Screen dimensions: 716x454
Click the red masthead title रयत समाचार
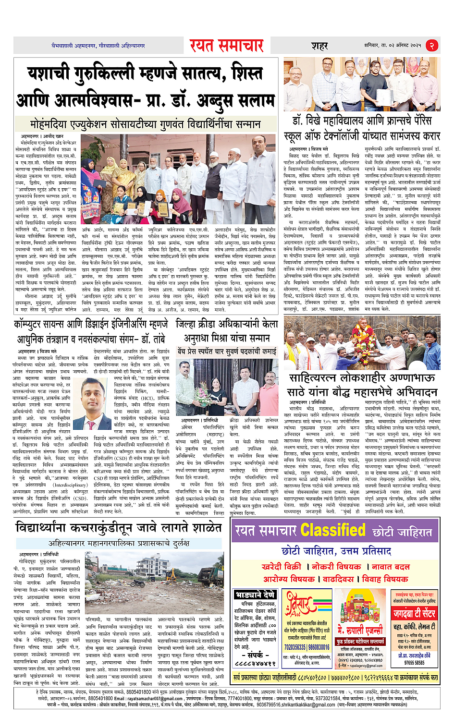click(226, 45)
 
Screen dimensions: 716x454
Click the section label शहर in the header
click(319, 46)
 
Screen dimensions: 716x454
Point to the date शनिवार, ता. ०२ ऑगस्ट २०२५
click(393, 45)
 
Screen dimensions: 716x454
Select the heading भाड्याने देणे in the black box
click(256, 595)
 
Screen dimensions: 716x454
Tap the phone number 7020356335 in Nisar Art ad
click(294, 647)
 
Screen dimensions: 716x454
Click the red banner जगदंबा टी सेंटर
click(414, 613)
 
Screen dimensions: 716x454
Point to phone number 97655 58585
click(414, 663)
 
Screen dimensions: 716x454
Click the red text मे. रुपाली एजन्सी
click(360, 630)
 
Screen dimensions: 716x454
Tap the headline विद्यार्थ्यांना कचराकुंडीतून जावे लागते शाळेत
click(118, 528)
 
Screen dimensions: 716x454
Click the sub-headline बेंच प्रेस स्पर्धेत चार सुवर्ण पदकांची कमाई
click(227, 351)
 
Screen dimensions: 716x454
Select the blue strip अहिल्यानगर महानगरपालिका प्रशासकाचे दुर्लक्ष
click(119, 543)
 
